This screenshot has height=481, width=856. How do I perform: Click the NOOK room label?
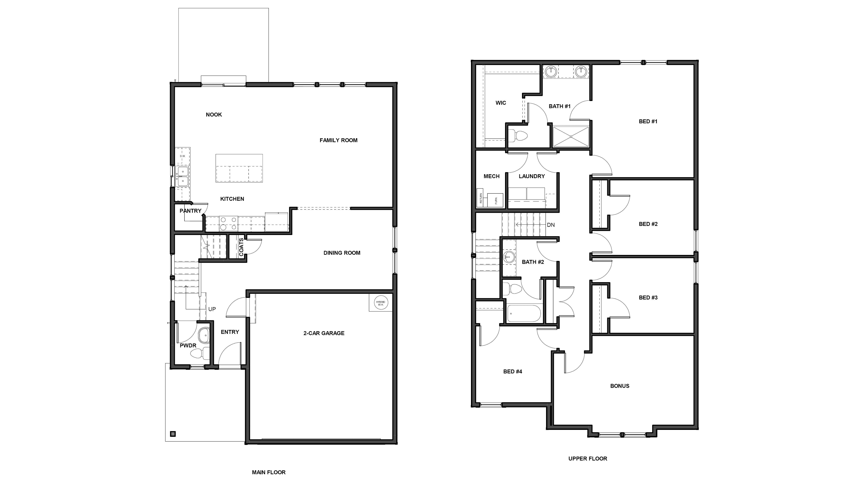point(214,115)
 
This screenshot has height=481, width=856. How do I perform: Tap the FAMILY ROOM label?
point(338,140)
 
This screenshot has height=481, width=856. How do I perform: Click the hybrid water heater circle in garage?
point(381,303)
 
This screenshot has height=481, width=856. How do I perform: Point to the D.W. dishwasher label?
point(182,156)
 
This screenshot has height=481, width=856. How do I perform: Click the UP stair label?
point(212,309)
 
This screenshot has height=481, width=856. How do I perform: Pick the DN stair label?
point(551,225)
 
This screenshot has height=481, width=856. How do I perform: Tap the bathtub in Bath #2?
point(524,313)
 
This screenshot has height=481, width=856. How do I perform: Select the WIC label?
point(500,103)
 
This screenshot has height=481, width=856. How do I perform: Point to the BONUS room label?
point(619,386)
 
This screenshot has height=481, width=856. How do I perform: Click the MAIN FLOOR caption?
point(269,472)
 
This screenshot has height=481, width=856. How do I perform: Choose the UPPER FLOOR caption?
point(587,458)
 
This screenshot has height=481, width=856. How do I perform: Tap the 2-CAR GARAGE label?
point(324,333)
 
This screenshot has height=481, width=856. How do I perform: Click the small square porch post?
point(173,434)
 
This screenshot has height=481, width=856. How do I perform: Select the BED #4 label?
point(512,371)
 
